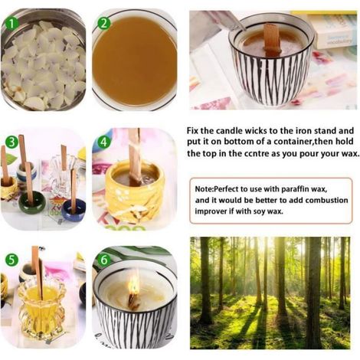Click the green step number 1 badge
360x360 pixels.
coord(11,24)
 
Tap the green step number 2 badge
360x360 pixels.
coord(103,24)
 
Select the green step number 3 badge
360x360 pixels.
coord(11,142)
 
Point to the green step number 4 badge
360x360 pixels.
coord(103,142)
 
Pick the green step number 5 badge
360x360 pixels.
coord(11,260)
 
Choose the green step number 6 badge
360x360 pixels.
coord(104,260)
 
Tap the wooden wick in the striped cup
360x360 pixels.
coord(272,39)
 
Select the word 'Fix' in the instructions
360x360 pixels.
coord(192,131)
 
